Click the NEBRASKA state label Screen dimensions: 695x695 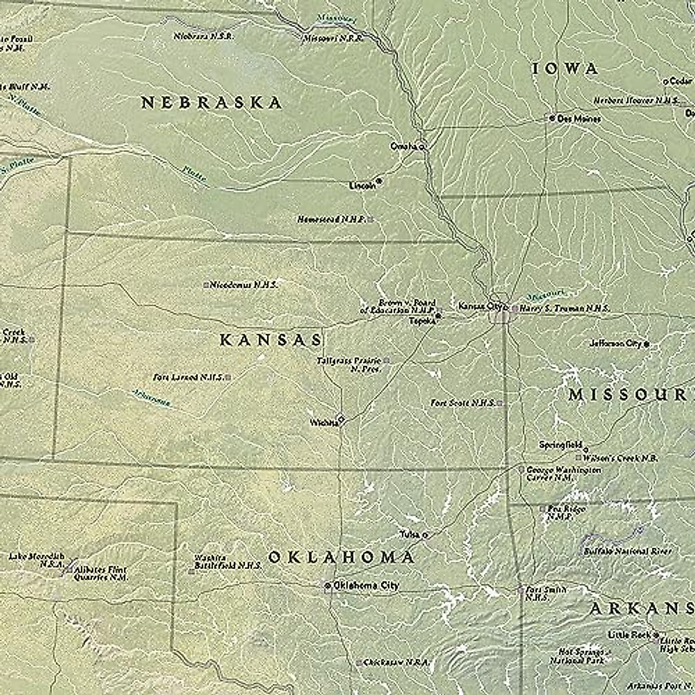211,103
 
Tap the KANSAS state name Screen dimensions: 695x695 270,340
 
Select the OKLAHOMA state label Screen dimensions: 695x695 341,557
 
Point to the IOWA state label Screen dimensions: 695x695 565,68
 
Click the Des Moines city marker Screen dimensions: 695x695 552,118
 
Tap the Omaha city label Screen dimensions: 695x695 404,146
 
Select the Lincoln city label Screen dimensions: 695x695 362,186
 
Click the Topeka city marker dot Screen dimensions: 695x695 439,316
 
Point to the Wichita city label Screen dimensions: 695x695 324,423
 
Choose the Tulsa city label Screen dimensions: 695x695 409,534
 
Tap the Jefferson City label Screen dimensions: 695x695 616,343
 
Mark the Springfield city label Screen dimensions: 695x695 560,445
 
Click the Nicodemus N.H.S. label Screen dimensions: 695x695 243,284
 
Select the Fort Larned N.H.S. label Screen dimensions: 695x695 188,377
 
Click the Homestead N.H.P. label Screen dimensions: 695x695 331,220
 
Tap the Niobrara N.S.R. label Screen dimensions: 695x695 204,36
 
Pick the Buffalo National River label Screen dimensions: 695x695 627,551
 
